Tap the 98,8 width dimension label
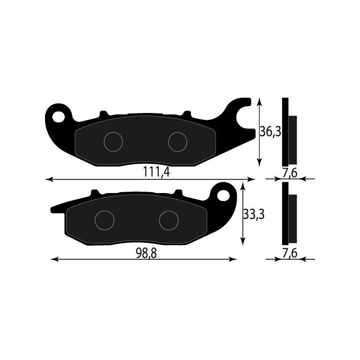pos(146,253)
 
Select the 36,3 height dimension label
pos(271,131)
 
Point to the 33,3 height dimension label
pos(253,215)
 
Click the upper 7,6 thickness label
pos(290,173)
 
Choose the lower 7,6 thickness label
pos(290,253)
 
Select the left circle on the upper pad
pos(113,142)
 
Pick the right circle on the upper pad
pos(177,142)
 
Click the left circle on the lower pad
pos(104,220)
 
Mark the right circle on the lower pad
pos(169,220)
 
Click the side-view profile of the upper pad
pos(288,132)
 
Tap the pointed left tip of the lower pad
pos(53,210)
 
